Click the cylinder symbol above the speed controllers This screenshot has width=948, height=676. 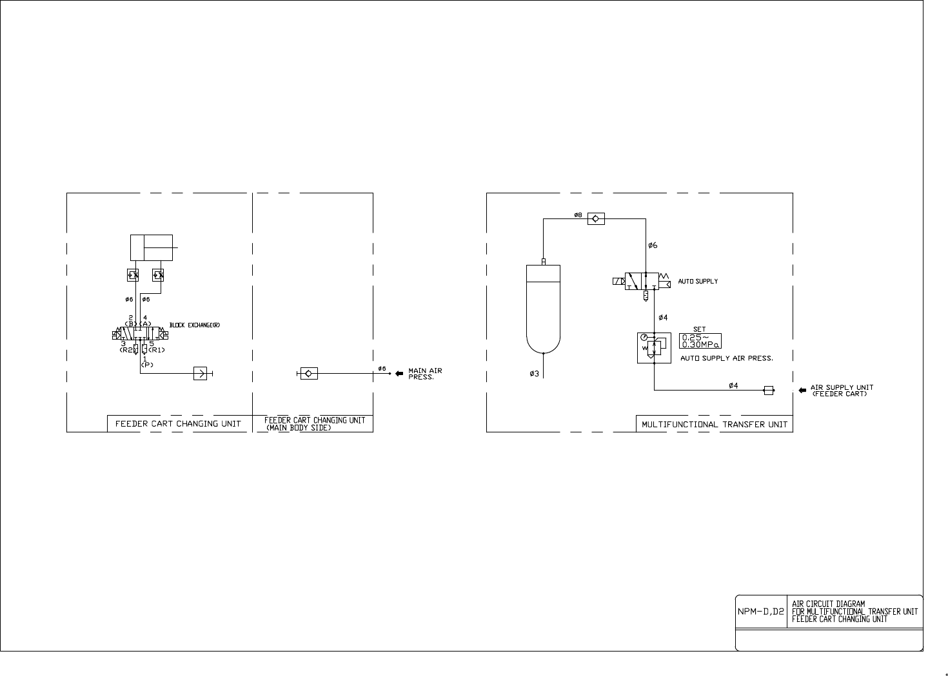(x=152, y=247)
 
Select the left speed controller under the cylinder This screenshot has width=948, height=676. (x=133, y=275)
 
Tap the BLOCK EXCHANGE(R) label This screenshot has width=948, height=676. (x=195, y=325)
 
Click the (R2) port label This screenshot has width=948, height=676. (x=126, y=350)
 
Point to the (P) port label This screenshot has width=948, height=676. (x=146, y=364)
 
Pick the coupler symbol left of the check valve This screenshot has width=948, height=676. (x=201, y=373)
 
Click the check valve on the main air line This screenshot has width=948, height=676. (x=308, y=373)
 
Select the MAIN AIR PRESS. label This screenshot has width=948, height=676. (x=425, y=374)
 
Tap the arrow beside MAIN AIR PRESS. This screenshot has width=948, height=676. (x=399, y=373)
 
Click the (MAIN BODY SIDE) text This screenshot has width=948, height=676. (x=299, y=427)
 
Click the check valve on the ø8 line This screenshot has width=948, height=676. (x=596, y=219)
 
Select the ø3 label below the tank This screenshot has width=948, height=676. (x=534, y=374)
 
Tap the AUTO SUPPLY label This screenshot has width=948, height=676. (x=698, y=282)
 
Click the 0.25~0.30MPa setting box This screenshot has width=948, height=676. (x=700, y=341)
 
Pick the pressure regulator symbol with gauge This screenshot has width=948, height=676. (x=653, y=347)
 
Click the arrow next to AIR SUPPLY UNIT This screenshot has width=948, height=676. (x=803, y=390)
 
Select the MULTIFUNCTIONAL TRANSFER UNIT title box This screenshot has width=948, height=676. (x=714, y=424)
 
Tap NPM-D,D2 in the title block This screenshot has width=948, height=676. (x=761, y=611)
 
